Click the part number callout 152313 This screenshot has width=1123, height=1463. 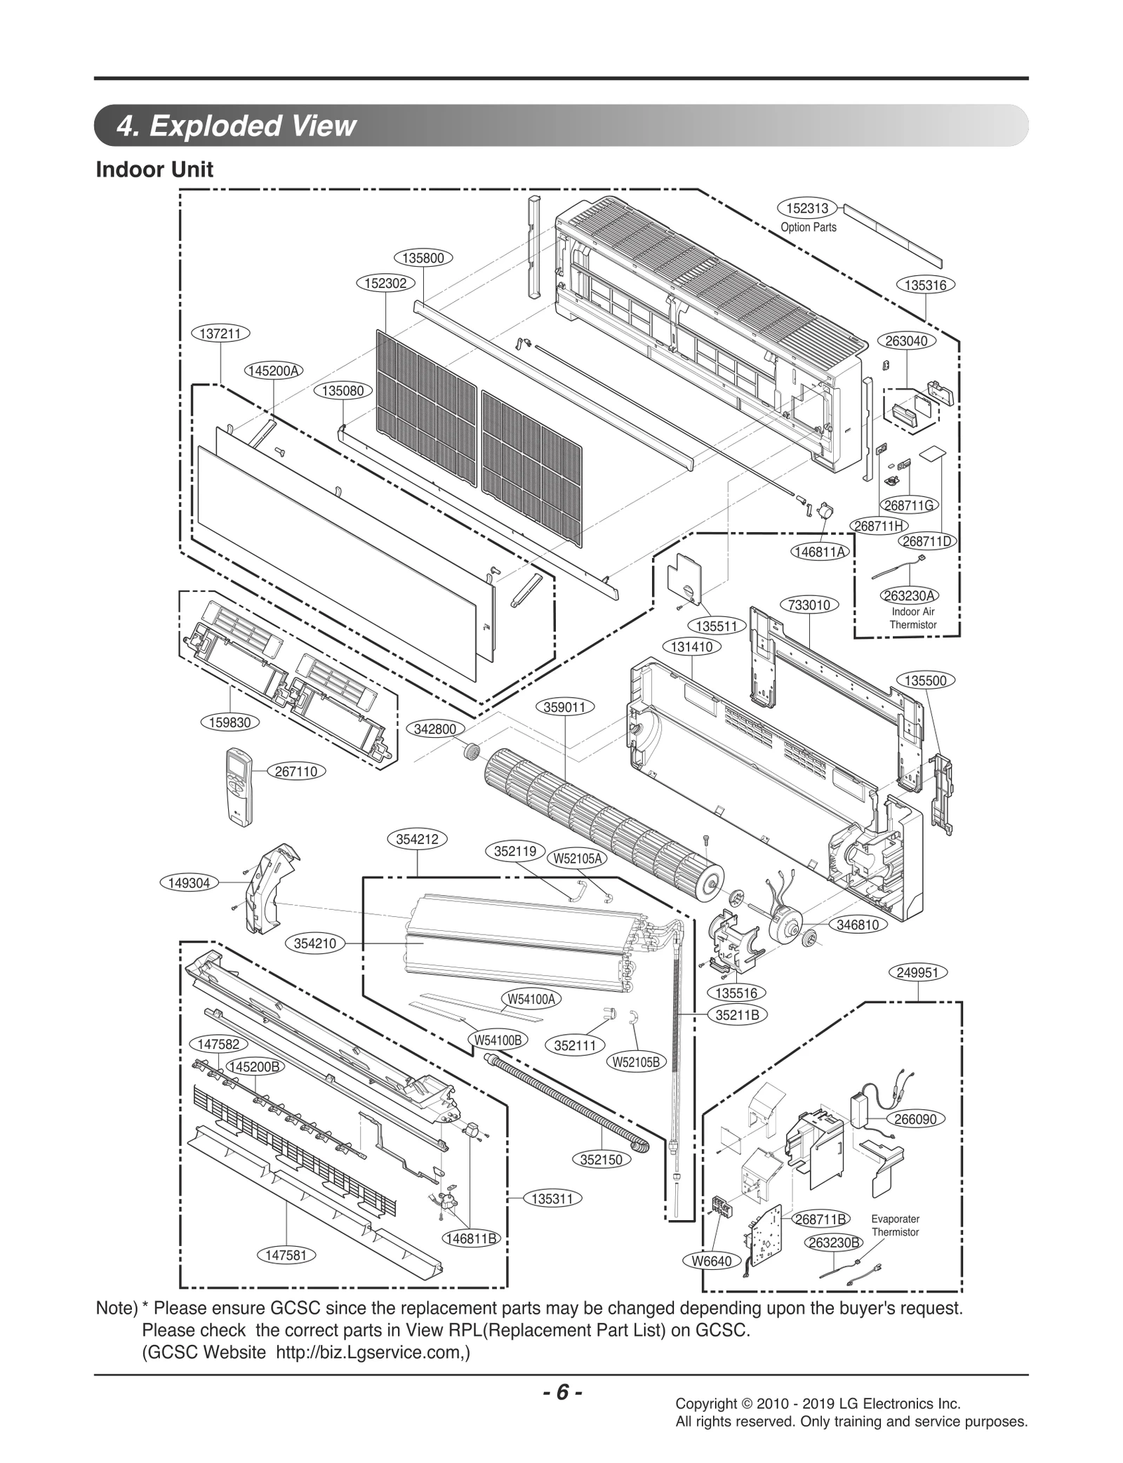point(807,208)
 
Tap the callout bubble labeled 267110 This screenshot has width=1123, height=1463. point(296,772)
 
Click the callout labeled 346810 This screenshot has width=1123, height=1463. point(858,925)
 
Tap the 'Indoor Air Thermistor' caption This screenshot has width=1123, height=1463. point(913,618)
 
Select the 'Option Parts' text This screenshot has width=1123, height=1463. point(809,227)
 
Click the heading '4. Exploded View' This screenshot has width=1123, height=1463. point(237,126)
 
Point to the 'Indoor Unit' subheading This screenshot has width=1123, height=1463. point(154,169)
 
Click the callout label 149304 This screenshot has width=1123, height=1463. point(190,882)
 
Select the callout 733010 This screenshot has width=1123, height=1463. point(809,604)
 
